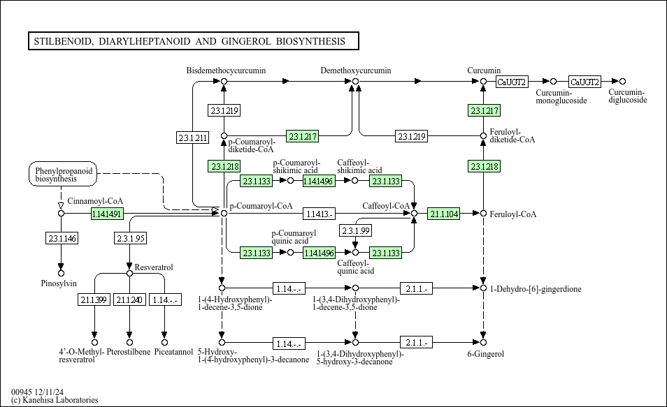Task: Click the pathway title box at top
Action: [192, 41]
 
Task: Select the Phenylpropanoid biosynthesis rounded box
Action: [64, 175]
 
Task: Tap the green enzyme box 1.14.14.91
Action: [107, 214]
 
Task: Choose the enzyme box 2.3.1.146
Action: [61, 239]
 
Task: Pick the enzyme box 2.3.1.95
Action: [130, 239]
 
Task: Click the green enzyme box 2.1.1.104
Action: [444, 214]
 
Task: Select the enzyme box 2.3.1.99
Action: [356, 230]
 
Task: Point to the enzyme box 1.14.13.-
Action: [320, 214]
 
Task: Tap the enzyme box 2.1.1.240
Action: [129, 299]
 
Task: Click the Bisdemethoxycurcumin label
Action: [226, 71]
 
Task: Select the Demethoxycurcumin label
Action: [356, 71]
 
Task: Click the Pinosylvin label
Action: [59, 283]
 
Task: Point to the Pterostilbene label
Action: [129, 352]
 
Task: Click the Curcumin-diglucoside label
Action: [627, 96]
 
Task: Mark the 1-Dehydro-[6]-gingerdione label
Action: [525, 289]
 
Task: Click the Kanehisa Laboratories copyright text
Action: [55, 400]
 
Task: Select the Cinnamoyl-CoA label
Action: [91, 201]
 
